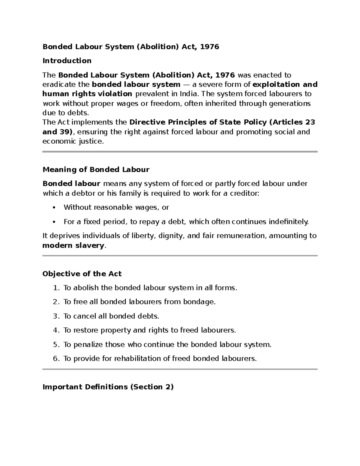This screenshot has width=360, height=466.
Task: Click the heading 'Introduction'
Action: (67, 61)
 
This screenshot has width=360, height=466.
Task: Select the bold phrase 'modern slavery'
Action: (74, 245)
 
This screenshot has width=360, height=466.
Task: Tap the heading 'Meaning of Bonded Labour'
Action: (96, 170)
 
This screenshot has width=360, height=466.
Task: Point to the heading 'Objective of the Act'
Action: (82, 274)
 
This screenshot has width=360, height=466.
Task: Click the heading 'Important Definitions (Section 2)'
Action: (108, 387)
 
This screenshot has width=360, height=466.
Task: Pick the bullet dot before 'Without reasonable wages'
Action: (54, 208)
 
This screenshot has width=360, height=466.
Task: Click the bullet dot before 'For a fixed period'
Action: (54, 222)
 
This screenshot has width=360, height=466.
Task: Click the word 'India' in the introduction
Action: (188, 94)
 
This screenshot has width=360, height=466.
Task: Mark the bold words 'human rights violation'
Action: (87, 94)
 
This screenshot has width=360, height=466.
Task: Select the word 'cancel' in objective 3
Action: (81, 316)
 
